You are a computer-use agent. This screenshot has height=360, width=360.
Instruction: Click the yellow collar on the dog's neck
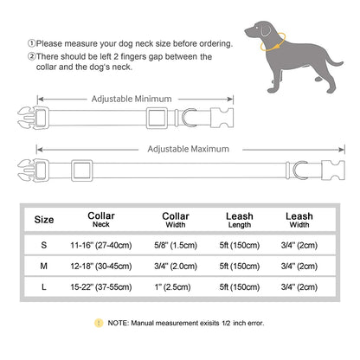click(260, 38)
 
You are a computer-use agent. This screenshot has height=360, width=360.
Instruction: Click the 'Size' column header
click(43, 220)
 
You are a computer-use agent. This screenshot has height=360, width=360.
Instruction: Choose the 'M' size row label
click(43, 267)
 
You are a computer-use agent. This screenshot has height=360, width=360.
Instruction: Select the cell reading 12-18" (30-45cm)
click(107, 267)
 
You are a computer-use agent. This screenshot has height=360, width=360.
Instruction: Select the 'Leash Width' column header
click(299, 220)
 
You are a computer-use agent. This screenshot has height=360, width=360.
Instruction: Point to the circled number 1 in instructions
click(31, 43)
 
